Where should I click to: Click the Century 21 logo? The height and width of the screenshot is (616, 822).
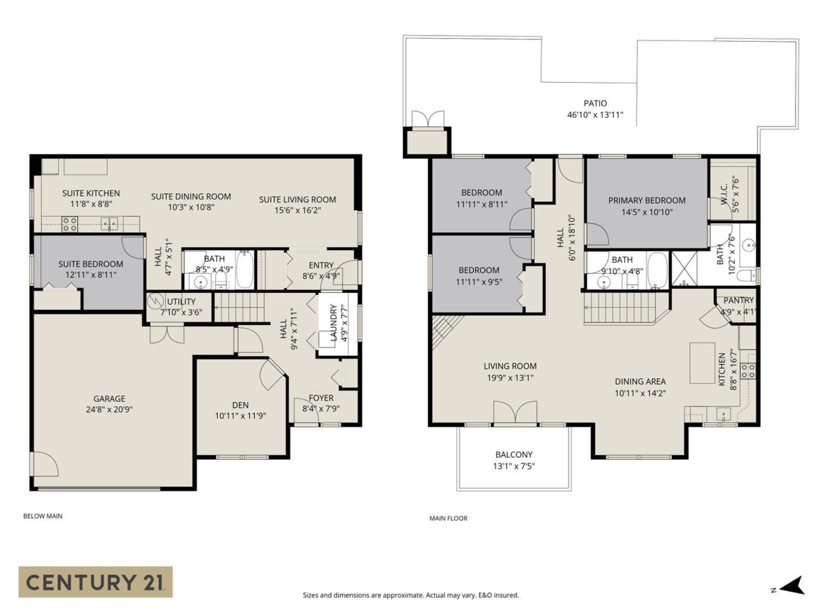[x=95, y=582]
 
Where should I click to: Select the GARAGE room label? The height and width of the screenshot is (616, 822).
[x=110, y=398]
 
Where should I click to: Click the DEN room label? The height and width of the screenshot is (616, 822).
[x=240, y=405]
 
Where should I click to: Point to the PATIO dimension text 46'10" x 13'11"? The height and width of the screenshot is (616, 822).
[x=595, y=115]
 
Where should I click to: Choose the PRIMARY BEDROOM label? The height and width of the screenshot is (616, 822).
[x=647, y=201]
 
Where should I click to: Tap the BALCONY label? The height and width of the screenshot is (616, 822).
[x=514, y=454]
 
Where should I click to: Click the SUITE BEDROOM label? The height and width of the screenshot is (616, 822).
[x=90, y=264]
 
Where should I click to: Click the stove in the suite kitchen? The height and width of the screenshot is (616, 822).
[x=70, y=223]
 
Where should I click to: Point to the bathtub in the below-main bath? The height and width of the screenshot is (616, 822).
[x=245, y=270]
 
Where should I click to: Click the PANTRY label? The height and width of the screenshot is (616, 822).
[x=738, y=300]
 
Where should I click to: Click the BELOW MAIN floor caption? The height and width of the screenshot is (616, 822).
[x=42, y=516]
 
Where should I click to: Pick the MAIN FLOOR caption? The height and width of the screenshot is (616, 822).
[x=448, y=518]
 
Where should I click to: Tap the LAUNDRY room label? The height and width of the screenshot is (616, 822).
[x=334, y=322]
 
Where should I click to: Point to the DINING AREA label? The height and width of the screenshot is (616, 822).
[x=640, y=381]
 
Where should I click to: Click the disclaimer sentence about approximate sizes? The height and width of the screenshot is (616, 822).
[x=410, y=595]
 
